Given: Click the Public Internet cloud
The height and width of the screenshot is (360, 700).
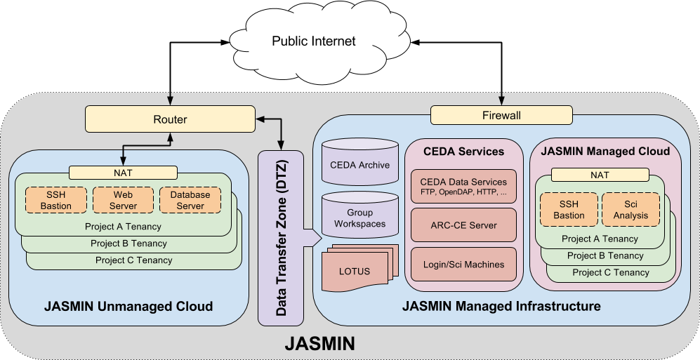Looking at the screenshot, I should [x=313, y=41].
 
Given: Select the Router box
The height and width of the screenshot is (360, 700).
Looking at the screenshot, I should [x=170, y=119].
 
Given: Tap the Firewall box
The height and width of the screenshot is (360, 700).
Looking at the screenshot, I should [x=501, y=115].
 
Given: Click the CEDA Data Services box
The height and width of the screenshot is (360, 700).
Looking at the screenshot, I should [x=463, y=187].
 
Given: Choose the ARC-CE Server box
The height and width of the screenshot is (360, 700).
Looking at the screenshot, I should [x=463, y=225].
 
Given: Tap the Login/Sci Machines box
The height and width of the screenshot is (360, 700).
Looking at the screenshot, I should [x=463, y=265].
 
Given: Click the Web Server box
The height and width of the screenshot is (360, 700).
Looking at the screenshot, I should [x=122, y=200].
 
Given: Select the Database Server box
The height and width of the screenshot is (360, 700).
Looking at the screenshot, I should [x=190, y=200].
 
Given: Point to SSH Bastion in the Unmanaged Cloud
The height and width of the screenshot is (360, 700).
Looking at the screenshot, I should [x=55, y=200].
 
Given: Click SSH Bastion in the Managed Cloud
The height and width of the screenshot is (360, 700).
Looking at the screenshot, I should [x=569, y=209].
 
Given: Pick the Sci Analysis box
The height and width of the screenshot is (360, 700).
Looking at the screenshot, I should [x=630, y=209].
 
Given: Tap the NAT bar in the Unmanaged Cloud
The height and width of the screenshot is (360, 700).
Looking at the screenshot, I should [x=123, y=172].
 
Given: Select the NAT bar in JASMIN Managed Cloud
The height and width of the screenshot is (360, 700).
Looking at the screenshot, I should [x=600, y=175].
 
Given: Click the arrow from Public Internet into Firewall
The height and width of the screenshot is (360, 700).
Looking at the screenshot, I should [x=501, y=97].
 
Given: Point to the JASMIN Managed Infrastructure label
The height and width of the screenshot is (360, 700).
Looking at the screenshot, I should [x=501, y=307].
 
